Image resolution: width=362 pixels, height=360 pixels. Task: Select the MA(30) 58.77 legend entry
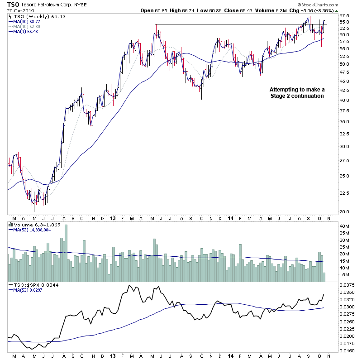(x=26, y=21)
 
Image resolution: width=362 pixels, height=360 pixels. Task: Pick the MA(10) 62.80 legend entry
(x=26, y=26)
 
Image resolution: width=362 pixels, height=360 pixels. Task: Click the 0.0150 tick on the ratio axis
(x=347, y=350)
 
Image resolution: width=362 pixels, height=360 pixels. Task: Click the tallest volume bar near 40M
(x=66, y=247)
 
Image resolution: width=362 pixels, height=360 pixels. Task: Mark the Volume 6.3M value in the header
(x=281, y=10)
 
